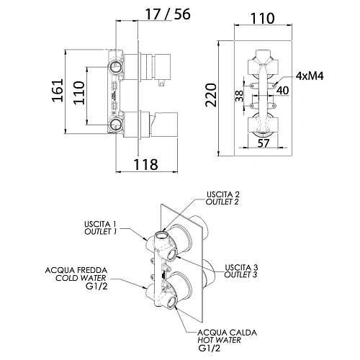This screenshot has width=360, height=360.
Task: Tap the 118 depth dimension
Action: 145,164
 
